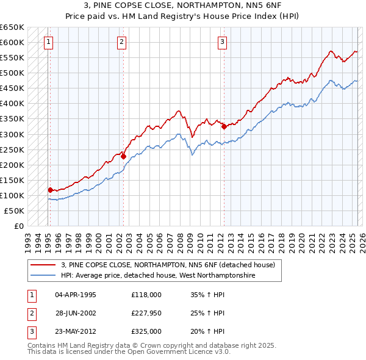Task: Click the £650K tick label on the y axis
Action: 12,27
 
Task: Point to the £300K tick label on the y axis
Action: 12,134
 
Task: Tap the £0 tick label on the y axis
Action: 19,226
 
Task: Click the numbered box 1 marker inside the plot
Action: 48,42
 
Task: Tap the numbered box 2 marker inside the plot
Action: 122,42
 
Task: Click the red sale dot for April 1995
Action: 50,190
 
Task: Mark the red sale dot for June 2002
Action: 123,156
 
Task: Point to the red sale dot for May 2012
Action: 224,126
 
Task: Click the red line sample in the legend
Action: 43,265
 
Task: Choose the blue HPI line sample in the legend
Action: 43,275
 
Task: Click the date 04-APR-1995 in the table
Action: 76,295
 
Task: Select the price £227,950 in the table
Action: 146,313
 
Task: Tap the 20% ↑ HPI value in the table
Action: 207,331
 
